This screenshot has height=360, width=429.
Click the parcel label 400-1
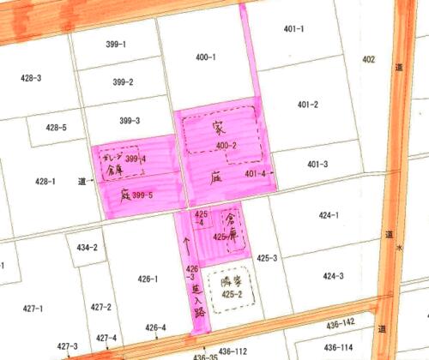coord(205,57)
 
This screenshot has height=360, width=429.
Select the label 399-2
coord(123,82)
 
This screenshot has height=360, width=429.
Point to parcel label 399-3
coord(130,121)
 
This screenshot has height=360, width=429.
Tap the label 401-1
coord(293,29)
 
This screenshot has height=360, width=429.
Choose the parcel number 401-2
coord(308,105)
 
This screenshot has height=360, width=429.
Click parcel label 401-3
coord(317,164)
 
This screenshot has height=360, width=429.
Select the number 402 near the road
coord(369,59)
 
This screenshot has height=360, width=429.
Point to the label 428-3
coord(31,78)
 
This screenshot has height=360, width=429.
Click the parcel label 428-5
coord(56,128)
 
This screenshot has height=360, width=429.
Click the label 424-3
coord(333,276)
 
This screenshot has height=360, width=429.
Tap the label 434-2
coord(88,248)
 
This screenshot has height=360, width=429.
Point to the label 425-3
coord(267,258)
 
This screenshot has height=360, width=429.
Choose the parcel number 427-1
coord(33,308)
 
